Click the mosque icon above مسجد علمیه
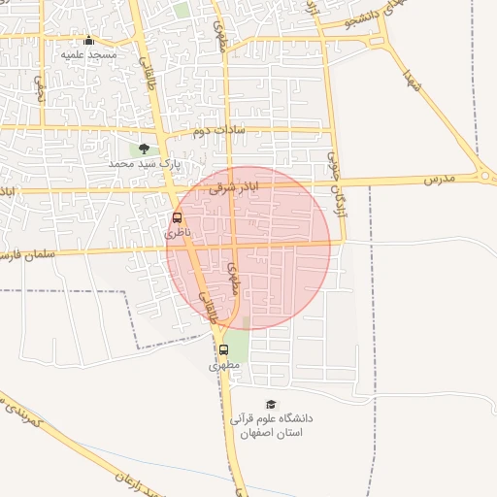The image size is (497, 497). [x=89, y=40]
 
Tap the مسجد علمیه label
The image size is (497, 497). [x=89, y=55]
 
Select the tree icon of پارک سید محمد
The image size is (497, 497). [x=144, y=149]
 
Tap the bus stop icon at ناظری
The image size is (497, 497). [x=177, y=218]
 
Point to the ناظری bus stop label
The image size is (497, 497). [x=173, y=234]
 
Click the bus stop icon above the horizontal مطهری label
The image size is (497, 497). [x=223, y=349]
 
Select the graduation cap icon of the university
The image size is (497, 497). [x=271, y=404]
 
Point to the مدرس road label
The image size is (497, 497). [x=438, y=181]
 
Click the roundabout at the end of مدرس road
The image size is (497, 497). [x=484, y=176]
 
